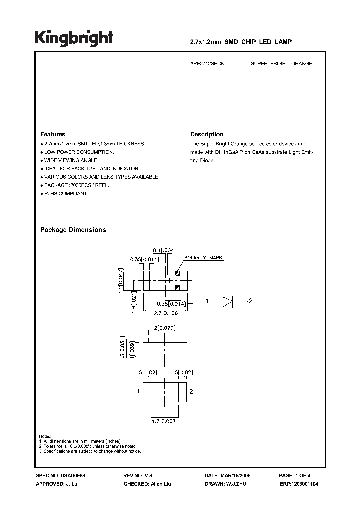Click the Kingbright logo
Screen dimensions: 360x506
tap(74, 38)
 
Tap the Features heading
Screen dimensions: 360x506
tap(53, 134)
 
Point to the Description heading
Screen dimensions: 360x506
tap(207, 134)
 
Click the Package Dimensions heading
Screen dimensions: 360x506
tap(73, 230)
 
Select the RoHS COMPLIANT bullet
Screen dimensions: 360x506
tap(65, 194)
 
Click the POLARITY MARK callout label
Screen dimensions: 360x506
tap(204, 258)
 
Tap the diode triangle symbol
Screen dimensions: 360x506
tap(227, 301)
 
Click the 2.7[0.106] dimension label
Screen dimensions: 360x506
tap(166, 313)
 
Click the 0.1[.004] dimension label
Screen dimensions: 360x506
tap(164, 250)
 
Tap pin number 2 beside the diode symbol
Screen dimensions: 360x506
tap(251, 301)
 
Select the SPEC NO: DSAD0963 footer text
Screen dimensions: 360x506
tap(58, 476)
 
